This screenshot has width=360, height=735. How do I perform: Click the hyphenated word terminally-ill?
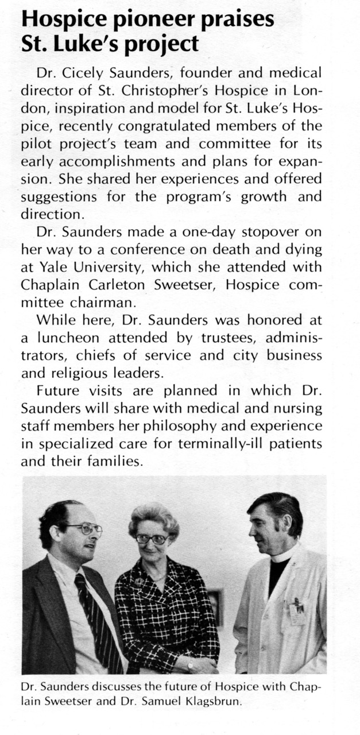(218, 443)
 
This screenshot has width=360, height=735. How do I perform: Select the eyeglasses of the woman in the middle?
(152, 539)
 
